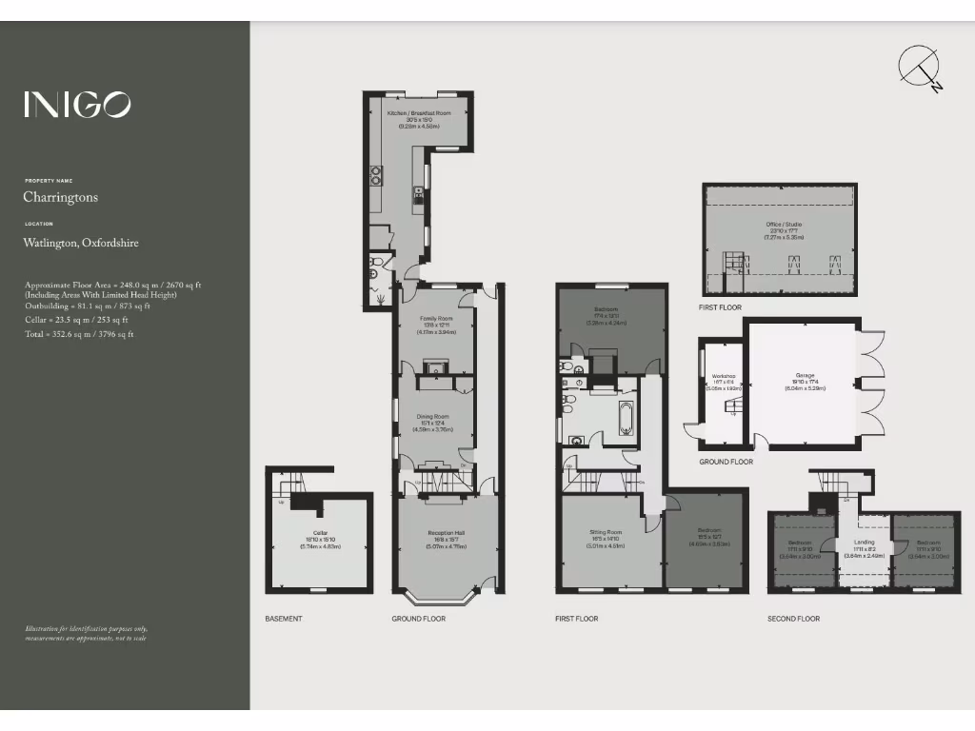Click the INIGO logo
point(77,104)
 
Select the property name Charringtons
point(61,198)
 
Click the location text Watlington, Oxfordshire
point(81,243)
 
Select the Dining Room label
point(433,416)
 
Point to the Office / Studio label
point(784,225)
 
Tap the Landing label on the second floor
point(864,543)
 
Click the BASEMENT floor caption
point(284,619)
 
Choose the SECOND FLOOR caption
point(793,619)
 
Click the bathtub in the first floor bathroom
point(627,418)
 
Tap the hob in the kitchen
point(376,175)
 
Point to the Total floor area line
point(79,334)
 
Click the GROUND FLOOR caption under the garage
point(726,462)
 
